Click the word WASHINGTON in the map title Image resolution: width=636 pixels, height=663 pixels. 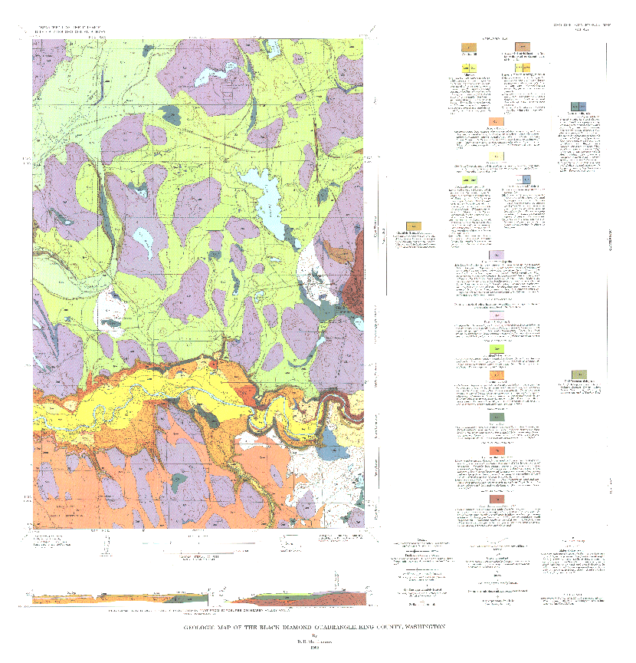pos(417,627)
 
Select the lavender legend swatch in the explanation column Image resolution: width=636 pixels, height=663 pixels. pos(497,256)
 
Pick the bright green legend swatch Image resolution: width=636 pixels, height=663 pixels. pos(497,349)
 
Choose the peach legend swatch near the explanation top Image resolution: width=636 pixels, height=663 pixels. pos(497,121)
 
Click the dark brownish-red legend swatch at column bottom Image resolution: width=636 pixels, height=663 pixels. pos(497,500)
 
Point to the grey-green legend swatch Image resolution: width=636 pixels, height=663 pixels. pos(497,417)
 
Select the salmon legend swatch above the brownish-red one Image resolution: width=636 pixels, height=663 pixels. pos(497,450)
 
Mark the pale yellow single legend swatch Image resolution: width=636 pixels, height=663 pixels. pos(497,156)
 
